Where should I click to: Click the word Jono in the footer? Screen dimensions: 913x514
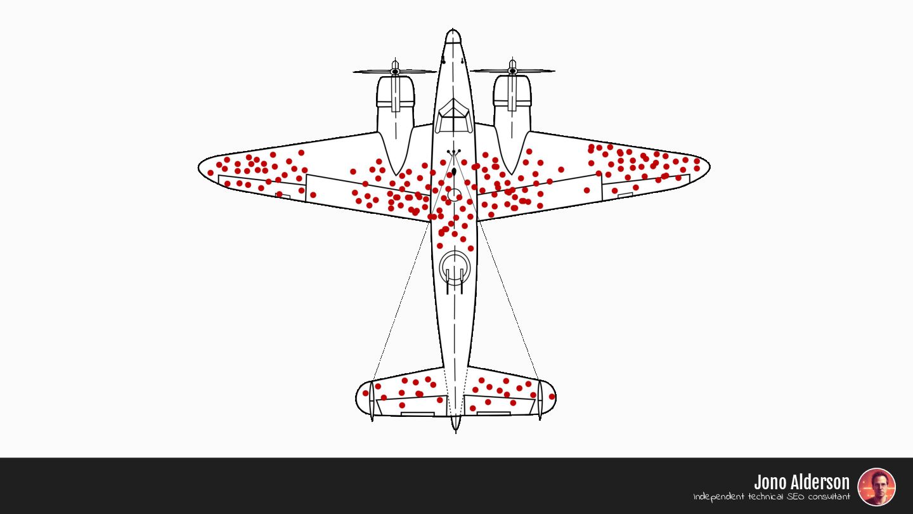point(770,482)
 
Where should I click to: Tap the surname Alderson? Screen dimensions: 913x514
point(819,482)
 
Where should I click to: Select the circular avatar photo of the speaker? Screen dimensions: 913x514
point(876,487)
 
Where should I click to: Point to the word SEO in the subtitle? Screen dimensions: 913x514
point(796,497)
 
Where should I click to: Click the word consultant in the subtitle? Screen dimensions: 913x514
point(829,497)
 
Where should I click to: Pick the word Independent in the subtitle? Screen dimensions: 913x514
point(719,497)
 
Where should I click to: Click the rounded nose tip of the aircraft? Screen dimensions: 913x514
point(453,34)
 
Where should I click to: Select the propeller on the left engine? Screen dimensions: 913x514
point(395,71)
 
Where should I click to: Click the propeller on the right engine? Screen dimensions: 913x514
point(512,71)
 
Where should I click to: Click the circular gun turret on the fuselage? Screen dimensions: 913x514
point(455,267)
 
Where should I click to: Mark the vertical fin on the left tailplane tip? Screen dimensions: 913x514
point(372,400)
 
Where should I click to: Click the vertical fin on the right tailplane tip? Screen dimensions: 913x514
point(540,400)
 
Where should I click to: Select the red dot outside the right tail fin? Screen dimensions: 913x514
point(552,397)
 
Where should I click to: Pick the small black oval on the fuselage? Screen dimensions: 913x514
point(454,171)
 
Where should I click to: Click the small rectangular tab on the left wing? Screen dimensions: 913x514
point(283,197)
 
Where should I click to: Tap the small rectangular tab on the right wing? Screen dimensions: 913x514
point(625,195)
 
